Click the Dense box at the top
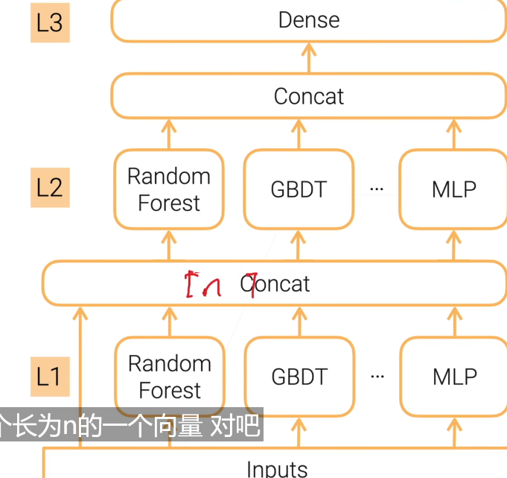[308, 20]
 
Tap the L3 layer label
[50, 22]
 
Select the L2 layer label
[50, 186]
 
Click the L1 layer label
[50, 376]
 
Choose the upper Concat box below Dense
[308, 96]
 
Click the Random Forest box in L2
[169, 189]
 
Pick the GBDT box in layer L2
[299, 189]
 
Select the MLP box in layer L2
[453, 189]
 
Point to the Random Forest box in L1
[169, 377]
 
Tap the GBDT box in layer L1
[299, 377]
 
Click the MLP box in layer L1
[453, 377]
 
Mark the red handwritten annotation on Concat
[220, 285]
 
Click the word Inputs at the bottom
[276, 468]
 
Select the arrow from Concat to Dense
[308, 57]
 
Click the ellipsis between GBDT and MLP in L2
[377, 189]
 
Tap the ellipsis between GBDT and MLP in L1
[377, 377]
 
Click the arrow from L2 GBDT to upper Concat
[299, 134]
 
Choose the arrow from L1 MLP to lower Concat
[453, 321]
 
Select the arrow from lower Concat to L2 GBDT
[299, 245]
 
